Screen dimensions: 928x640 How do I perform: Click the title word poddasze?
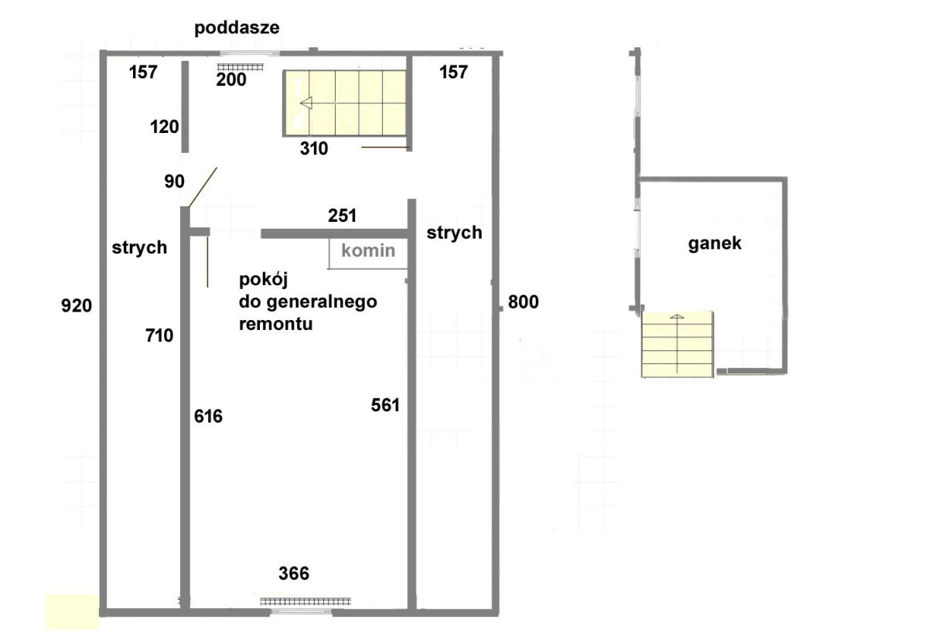coord(237,28)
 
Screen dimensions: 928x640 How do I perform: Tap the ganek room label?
coord(715,243)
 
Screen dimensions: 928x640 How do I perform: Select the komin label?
coord(368,250)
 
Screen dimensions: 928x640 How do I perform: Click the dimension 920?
coord(77,305)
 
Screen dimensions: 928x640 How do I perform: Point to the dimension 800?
coord(524,301)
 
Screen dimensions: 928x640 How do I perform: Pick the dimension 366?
coord(294,574)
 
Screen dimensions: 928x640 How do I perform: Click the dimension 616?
coord(208,416)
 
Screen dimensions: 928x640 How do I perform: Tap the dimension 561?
coord(385,405)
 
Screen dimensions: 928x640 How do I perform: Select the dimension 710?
coord(159,335)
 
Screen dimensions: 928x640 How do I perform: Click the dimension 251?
coord(342,216)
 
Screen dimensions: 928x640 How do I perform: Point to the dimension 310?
coord(314,148)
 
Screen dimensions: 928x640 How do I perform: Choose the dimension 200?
coord(231,80)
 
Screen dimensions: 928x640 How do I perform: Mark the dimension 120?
coord(165,127)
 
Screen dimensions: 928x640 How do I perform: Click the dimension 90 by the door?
coord(175,182)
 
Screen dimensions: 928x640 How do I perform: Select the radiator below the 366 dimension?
coord(305,601)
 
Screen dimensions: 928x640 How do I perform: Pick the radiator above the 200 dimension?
coord(241,67)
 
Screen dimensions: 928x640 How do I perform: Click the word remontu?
coord(276,324)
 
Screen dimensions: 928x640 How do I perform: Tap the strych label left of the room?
coord(140,248)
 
